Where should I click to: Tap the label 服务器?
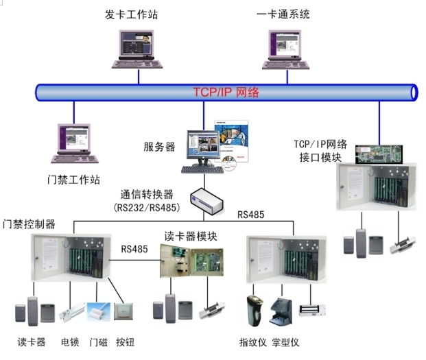159,146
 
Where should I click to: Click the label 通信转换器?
147,193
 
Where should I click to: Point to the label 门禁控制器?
29,224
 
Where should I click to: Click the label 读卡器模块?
191,237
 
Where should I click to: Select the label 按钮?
126,341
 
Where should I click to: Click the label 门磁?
98,341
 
